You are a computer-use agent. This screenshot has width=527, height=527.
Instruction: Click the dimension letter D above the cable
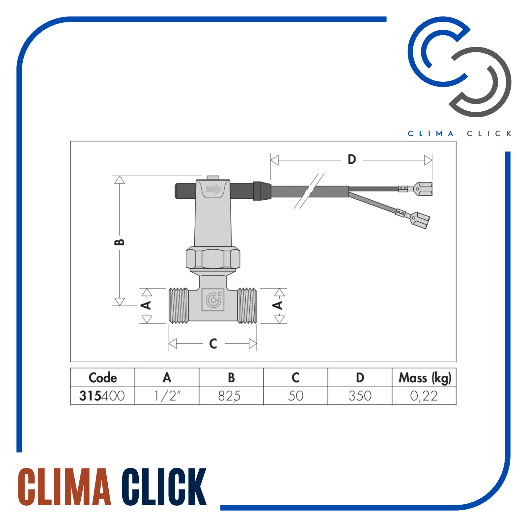(352, 160)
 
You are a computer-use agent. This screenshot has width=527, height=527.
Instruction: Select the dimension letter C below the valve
(213, 344)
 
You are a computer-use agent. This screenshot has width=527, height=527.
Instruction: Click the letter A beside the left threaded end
(146, 305)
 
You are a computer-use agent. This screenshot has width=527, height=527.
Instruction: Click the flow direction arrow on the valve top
(213, 189)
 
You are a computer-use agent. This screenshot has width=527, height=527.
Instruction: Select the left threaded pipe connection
(179, 306)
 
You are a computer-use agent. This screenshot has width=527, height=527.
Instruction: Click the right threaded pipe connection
(247, 306)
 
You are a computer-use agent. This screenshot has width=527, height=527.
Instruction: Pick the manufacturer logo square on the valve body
(213, 300)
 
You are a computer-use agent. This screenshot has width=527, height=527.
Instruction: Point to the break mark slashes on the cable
(309, 191)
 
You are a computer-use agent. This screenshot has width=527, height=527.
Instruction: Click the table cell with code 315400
(102, 396)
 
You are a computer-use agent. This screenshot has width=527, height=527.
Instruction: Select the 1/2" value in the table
(167, 396)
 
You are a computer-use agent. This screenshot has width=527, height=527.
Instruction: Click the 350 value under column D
(360, 396)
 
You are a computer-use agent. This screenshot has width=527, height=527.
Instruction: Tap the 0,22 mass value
(424, 396)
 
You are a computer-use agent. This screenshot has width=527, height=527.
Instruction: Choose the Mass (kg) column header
(425, 378)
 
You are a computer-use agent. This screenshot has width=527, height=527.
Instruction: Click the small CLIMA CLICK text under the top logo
(459, 134)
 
